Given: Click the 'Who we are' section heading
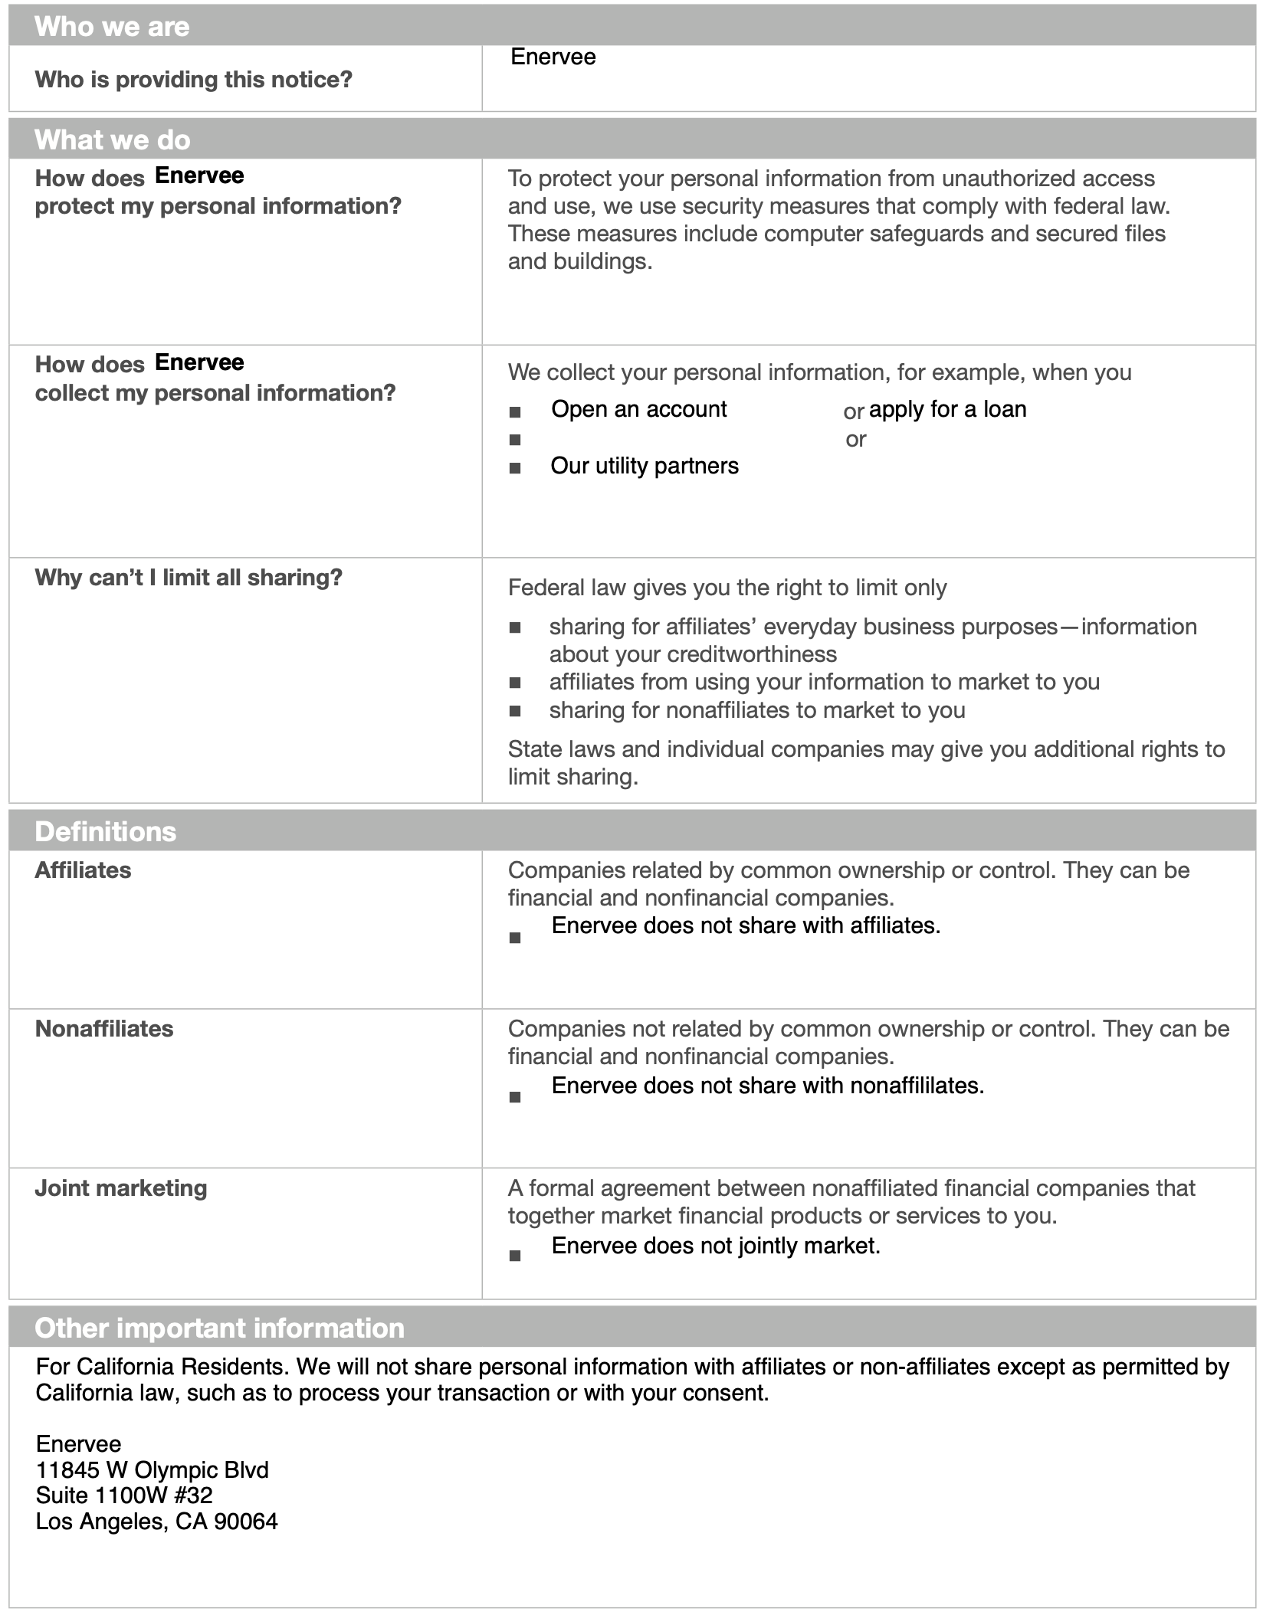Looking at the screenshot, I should [112, 27].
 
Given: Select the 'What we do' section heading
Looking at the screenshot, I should [112, 140].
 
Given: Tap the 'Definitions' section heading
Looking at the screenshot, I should [105, 832].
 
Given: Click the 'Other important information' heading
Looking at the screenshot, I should [219, 1328].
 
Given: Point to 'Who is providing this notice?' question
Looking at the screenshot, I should [193, 80].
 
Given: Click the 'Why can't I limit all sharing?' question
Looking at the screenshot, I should [189, 578].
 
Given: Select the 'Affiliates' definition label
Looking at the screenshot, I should [83, 870].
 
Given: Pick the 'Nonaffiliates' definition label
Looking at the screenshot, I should [104, 1029].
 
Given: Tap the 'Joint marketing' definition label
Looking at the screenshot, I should [121, 1188].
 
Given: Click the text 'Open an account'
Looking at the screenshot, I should [638, 409].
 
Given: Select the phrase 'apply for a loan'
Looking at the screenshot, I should [947, 409].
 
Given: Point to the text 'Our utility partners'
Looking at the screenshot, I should [644, 466].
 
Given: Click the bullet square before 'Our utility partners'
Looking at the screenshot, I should [515, 468].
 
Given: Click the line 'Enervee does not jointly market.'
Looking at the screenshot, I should [715, 1246].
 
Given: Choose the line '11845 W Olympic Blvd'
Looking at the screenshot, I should [152, 1469].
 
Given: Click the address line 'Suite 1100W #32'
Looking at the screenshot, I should [124, 1495].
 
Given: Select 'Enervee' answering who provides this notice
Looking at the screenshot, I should [553, 57].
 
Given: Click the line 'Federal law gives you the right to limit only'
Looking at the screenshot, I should [727, 588].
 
